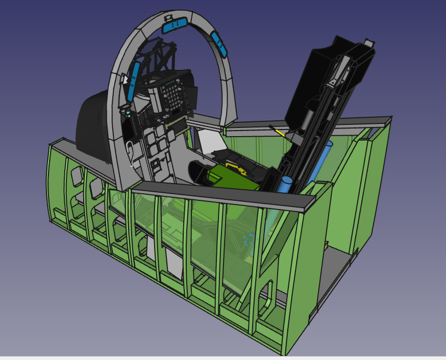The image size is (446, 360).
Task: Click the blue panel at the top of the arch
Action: point(174,24)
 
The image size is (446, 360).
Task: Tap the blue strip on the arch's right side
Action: point(219,44)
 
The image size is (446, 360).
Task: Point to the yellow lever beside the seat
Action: point(279,132)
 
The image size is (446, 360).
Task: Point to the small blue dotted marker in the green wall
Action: point(249,240)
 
